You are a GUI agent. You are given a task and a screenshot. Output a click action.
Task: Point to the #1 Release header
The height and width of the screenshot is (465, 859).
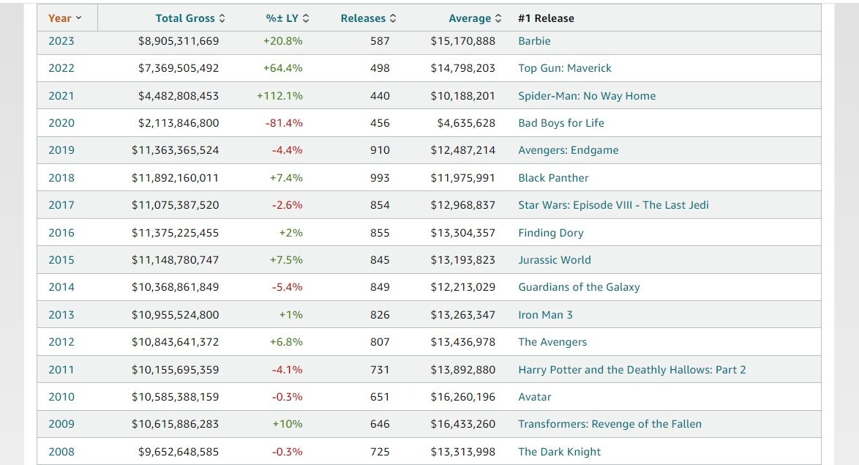pyautogui.click(x=546, y=18)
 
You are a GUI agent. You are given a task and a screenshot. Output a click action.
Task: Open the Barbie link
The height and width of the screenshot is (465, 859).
pyautogui.click(x=534, y=41)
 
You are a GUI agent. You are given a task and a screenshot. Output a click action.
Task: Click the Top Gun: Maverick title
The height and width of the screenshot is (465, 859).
pyautogui.click(x=564, y=68)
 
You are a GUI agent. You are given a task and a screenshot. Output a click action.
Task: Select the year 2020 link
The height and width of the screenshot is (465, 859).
pyautogui.click(x=61, y=123)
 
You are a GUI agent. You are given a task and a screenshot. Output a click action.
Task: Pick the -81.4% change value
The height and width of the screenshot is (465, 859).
pyautogui.click(x=284, y=123)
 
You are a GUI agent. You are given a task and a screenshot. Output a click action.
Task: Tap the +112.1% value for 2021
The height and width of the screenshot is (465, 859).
pyautogui.click(x=280, y=96)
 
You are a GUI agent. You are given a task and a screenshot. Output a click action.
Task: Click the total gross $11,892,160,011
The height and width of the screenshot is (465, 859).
pyautogui.click(x=175, y=178)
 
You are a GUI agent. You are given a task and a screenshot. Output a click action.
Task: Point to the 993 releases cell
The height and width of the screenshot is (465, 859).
pyautogui.click(x=380, y=178)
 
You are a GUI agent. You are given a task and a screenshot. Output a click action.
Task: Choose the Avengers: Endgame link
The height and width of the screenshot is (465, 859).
pyautogui.click(x=568, y=150)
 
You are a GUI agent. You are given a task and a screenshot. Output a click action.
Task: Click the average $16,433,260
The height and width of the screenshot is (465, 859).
pyautogui.click(x=462, y=424)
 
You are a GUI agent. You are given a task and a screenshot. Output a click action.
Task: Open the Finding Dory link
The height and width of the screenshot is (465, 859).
pyautogui.click(x=550, y=233)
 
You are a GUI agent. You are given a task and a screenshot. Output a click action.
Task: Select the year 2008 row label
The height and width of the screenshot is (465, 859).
pyautogui.click(x=61, y=452)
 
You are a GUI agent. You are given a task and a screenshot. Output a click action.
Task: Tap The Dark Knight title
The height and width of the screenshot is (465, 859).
pyautogui.click(x=559, y=452)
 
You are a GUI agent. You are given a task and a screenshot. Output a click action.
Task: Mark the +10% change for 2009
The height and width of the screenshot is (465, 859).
pyautogui.click(x=287, y=424)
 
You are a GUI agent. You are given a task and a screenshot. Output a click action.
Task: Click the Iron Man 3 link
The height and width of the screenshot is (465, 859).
pyautogui.click(x=545, y=315)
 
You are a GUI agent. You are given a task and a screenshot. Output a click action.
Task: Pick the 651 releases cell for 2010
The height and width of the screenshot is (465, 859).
pyautogui.click(x=380, y=397)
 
